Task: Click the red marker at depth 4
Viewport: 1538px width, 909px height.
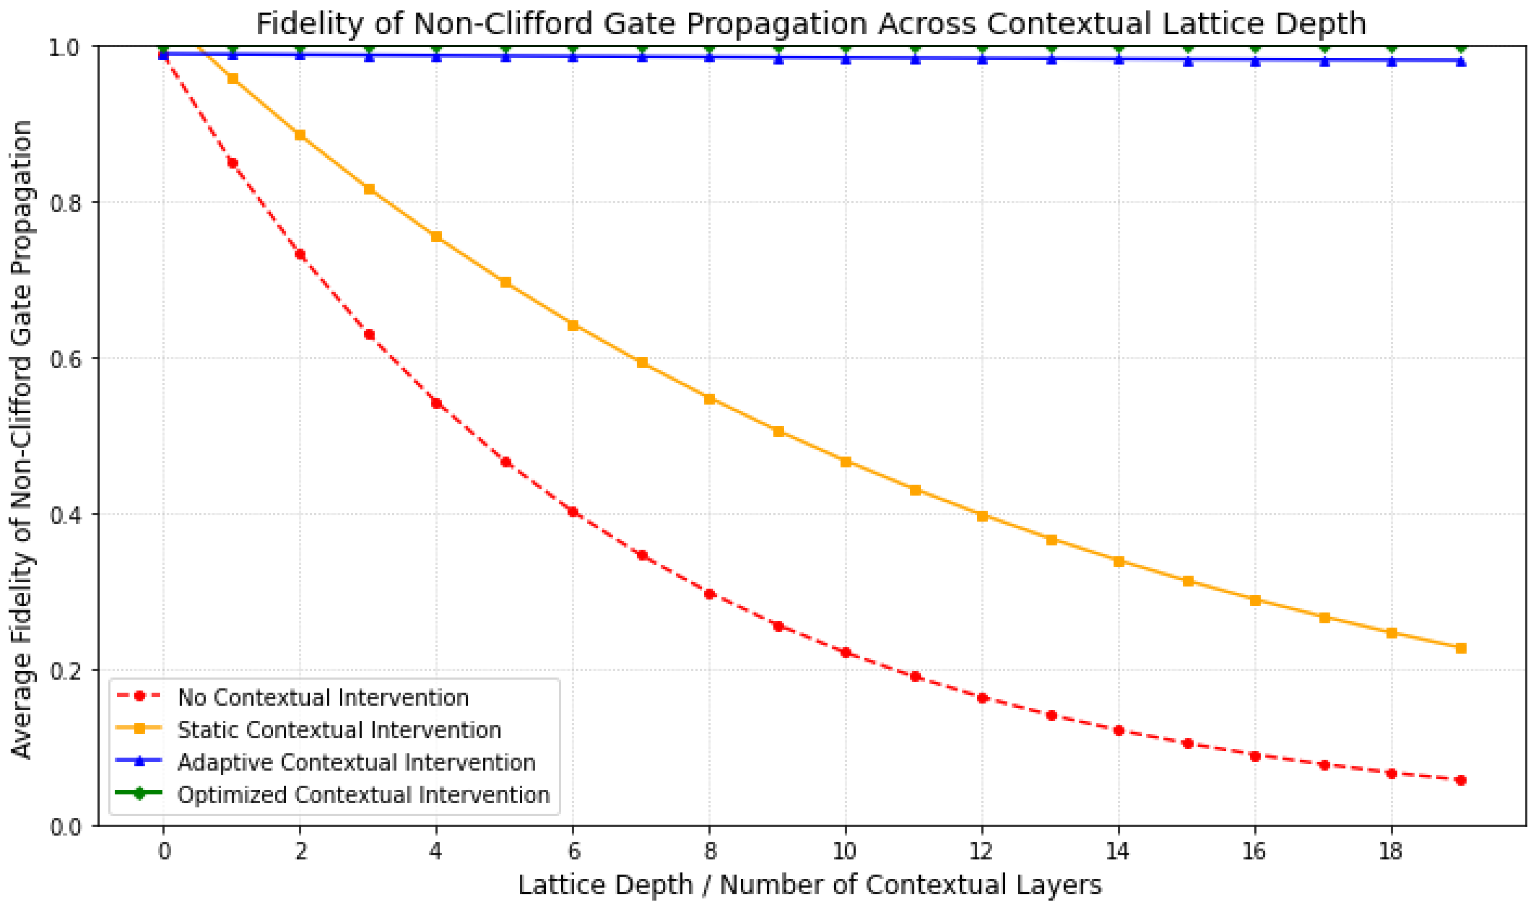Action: [436, 403]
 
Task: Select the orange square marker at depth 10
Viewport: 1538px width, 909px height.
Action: [846, 461]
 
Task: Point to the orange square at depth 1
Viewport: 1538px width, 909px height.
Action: [232, 78]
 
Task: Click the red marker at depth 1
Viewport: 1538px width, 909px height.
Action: [232, 162]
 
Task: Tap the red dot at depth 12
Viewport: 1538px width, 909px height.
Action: [982, 698]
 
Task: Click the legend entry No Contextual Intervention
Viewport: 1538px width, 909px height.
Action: [323, 698]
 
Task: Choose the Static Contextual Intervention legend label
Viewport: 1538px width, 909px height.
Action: [339, 730]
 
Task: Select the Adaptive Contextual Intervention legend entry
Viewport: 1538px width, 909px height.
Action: [356, 763]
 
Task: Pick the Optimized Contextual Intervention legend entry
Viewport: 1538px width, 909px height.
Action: [363, 795]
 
